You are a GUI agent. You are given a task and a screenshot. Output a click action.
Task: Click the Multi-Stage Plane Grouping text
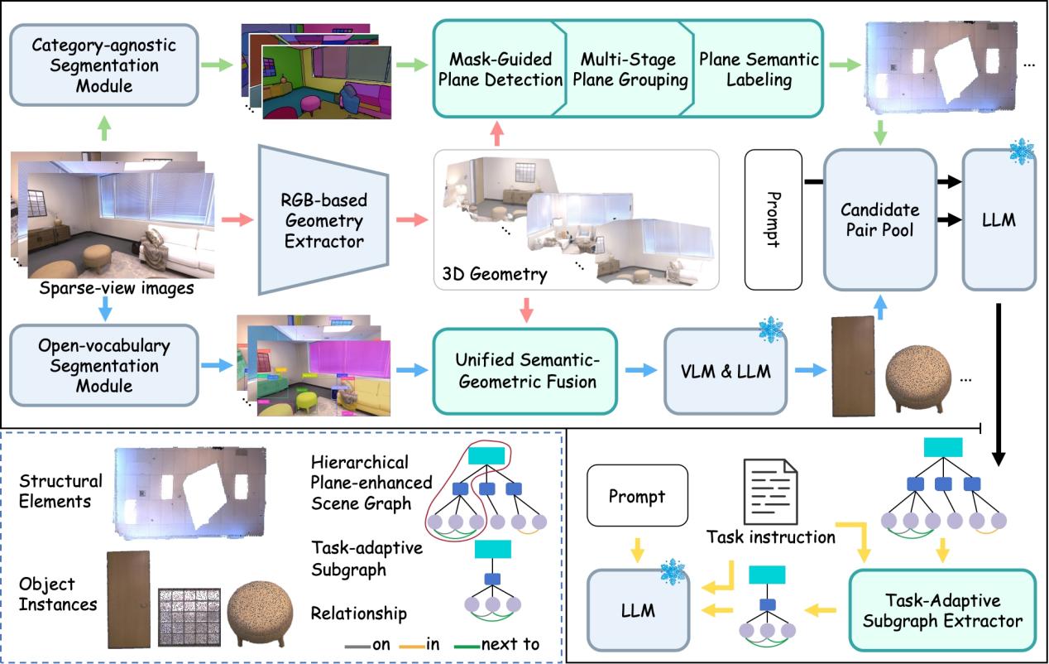click(628, 70)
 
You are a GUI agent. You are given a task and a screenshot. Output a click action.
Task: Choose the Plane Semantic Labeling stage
click(758, 70)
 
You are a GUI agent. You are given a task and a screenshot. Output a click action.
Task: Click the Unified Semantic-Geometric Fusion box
click(524, 371)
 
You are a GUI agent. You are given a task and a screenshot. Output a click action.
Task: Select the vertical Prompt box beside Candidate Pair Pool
click(774, 219)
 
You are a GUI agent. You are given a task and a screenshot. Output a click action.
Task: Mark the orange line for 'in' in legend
click(409, 644)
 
